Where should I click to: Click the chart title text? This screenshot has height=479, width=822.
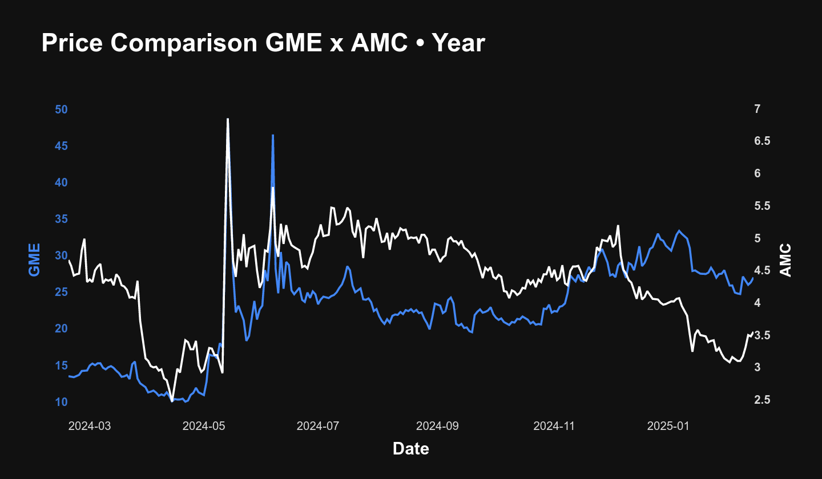(x=263, y=43)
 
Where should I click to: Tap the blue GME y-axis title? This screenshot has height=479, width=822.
(x=35, y=259)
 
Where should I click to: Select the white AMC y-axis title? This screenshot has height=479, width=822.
(x=787, y=259)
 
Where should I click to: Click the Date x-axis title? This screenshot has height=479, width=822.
(x=411, y=449)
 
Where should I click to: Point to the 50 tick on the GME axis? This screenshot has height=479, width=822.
(x=61, y=109)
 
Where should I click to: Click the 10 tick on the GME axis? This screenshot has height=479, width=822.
(x=61, y=402)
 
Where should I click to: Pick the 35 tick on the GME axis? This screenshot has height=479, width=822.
(x=61, y=220)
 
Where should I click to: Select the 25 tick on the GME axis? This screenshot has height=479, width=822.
(x=61, y=293)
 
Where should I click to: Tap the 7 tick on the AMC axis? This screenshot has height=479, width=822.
(x=757, y=109)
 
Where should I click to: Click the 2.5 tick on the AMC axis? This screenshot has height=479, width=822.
(x=761, y=400)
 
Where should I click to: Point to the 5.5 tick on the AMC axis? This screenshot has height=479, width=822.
(x=761, y=206)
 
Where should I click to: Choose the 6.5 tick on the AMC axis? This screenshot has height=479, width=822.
(x=761, y=141)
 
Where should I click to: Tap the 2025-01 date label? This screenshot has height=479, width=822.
(x=666, y=426)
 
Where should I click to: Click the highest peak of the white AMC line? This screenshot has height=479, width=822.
(x=228, y=119)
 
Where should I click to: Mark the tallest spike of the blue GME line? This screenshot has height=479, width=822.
(x=273, y=136)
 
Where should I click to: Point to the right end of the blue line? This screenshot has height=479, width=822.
(x=753, y=278)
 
